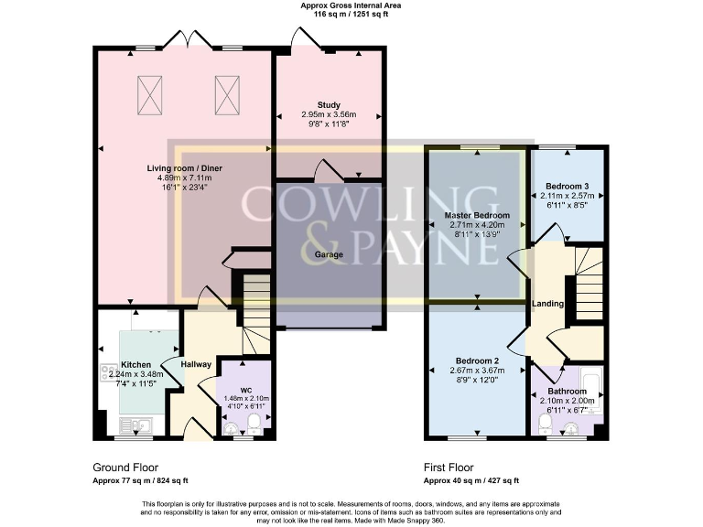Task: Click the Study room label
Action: point(329,104)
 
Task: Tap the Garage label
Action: point(330,255)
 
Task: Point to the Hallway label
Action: point(196,364)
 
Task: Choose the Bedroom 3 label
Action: point(568,187)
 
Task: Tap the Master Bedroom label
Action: point(478,215)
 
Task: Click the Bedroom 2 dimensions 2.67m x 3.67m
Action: point(478,370)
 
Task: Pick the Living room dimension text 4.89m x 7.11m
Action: point(187,179)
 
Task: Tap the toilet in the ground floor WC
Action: point(254,423)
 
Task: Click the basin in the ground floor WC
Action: point(231,426)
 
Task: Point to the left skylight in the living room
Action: point(149,91)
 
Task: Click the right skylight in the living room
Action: point(226,91)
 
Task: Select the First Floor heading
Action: point(451,466)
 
